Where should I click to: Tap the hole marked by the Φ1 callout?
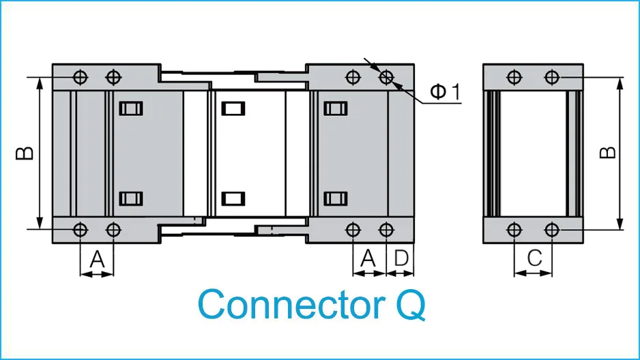pos(386,76)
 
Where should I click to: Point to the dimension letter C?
pos(535,258)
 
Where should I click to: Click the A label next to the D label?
pos(368,258)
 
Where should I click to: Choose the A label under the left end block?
pos(98,258)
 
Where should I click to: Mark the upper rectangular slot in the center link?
pos(233,108)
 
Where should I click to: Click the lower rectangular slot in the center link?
pos(233,198)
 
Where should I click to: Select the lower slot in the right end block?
pos(335,198)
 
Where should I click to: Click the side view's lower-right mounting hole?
pos(552,228)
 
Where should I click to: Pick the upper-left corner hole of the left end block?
pos(80,76)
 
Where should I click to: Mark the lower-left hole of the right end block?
pos(353,229)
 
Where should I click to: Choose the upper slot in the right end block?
pos(335,108)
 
